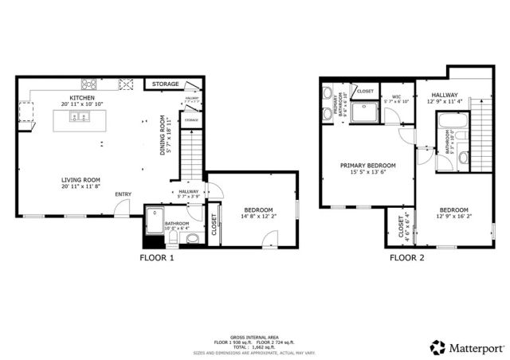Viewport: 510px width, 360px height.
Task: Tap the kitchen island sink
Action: [x=80, y=118]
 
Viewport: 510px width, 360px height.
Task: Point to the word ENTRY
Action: [x=124, y=194]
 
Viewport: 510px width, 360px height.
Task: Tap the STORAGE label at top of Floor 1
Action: [x=165, y=84]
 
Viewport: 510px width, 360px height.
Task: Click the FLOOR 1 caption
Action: [x=156, y=258]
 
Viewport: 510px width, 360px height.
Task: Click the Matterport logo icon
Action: [x=437, y=347]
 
